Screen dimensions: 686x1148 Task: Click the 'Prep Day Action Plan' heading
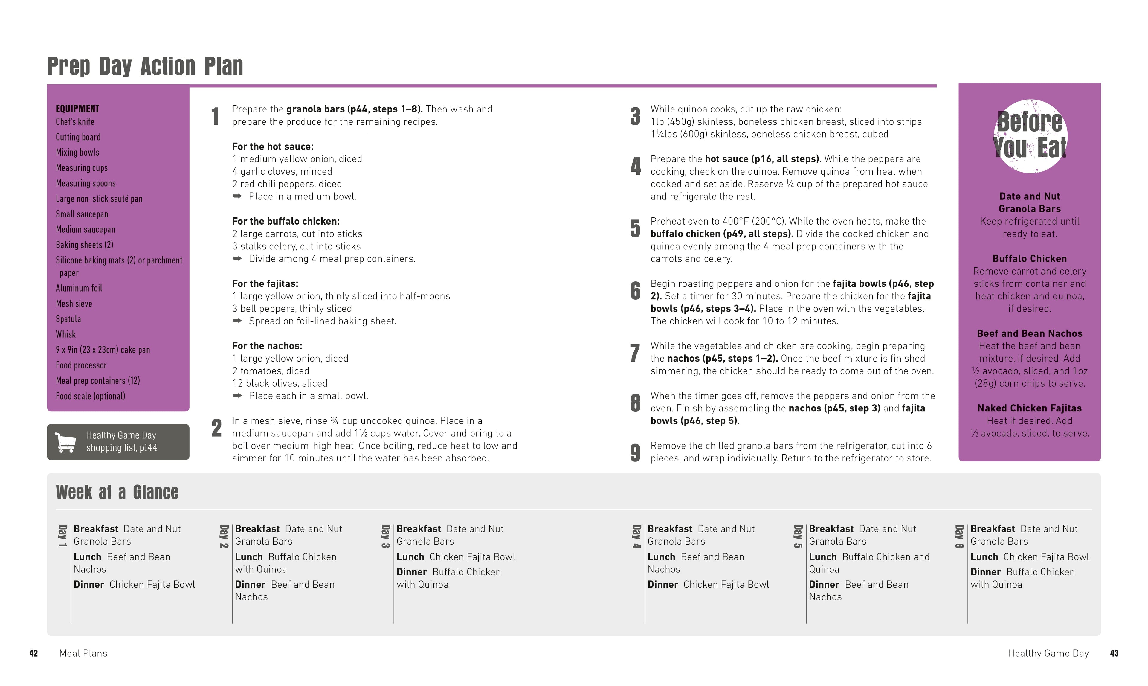[145, 66]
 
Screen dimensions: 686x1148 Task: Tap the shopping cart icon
[65, 442]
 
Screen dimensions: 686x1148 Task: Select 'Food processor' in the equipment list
[81, 365]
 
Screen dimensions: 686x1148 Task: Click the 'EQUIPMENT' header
[77, 109]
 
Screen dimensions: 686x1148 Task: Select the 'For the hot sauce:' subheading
[273, 147]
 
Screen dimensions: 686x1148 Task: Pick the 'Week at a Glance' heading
[117, 492]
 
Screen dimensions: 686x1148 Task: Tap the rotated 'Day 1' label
[62, 536]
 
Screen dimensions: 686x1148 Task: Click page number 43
[1114, 653]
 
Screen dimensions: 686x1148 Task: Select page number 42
[33, 653]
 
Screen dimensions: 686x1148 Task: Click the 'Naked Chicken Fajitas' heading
[1029, 408]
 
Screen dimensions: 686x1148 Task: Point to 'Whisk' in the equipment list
[66, 334]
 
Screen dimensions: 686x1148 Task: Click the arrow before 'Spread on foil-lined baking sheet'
[237, 321]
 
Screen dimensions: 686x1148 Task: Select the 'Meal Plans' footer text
[83, 653]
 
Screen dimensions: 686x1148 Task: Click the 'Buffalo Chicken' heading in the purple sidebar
[1029, 258]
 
